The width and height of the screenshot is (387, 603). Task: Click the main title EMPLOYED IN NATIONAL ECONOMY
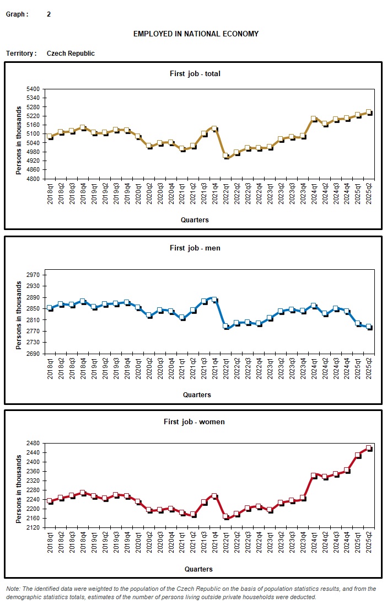point(196,34)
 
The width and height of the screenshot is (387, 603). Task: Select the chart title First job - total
point(195,73)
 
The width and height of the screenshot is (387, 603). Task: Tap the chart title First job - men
point(195,248)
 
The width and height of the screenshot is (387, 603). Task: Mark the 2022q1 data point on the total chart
point(225,156)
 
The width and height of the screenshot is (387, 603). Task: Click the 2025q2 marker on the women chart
point(369,448)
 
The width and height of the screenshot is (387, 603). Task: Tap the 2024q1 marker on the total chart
point(314,119)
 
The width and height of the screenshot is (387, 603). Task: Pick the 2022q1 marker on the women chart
point(225,516)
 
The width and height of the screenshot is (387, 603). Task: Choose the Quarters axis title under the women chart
point(197,569)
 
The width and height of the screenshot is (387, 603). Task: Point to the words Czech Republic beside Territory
point(71,54)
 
